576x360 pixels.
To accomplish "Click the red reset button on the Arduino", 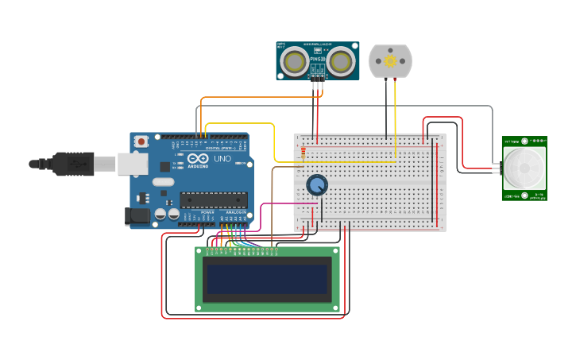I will point(141,141).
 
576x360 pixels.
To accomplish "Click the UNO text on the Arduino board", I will point(223,159).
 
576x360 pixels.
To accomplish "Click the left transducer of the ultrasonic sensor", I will point(296,61).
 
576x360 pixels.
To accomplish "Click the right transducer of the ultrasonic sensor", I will point(341,61).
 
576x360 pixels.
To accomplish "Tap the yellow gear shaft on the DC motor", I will point(390,61).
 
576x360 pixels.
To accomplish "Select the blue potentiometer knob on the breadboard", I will point(317,185).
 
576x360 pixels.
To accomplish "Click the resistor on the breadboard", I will point(303,151).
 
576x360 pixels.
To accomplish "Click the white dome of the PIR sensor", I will point(524,168).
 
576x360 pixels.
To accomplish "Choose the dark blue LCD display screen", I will point(267,279).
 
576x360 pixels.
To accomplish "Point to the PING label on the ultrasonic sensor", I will point(318,58).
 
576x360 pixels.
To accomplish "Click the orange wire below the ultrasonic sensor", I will point(262,98).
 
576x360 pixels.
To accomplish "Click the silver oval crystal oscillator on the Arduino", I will point(163,182).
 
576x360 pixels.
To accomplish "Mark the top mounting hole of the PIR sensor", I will point(524,141).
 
